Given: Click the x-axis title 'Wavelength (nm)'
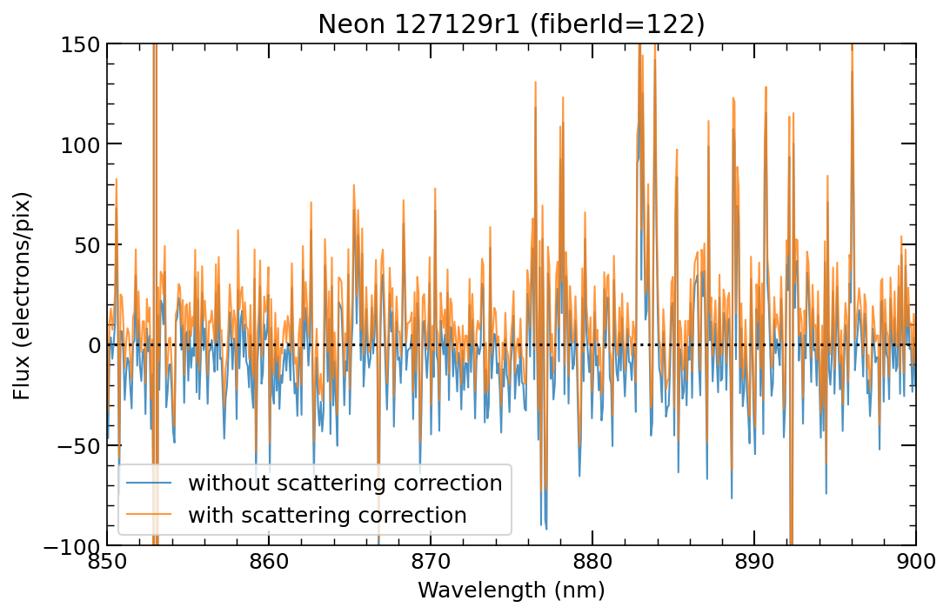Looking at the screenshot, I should (511, 591).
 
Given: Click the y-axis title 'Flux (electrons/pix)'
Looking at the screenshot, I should (22, 295).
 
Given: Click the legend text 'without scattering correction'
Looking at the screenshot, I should (345, 484).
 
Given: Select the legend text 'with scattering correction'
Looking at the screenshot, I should (328, 515).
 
